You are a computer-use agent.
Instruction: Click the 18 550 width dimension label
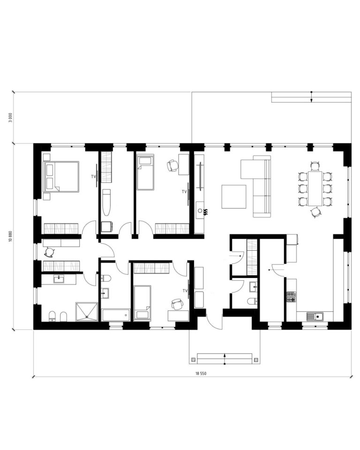click(201, 374)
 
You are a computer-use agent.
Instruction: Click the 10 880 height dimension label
click(11, 237)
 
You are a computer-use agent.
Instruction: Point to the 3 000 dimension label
click(11, 117)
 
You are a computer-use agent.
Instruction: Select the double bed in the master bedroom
click(61, 177)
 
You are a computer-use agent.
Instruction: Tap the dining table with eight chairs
click(315, 188)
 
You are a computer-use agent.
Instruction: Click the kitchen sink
click(315, 316)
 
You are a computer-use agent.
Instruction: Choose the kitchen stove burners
click(291, 297)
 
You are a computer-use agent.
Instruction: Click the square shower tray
click(87, 311)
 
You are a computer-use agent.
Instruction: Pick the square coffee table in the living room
click(234, 196)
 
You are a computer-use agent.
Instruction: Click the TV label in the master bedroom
click(93, 177)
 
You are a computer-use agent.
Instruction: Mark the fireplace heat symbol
click(206, 212)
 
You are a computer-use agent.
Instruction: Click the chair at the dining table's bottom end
click(316, 212)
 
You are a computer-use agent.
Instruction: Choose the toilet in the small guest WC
click(252, 301)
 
